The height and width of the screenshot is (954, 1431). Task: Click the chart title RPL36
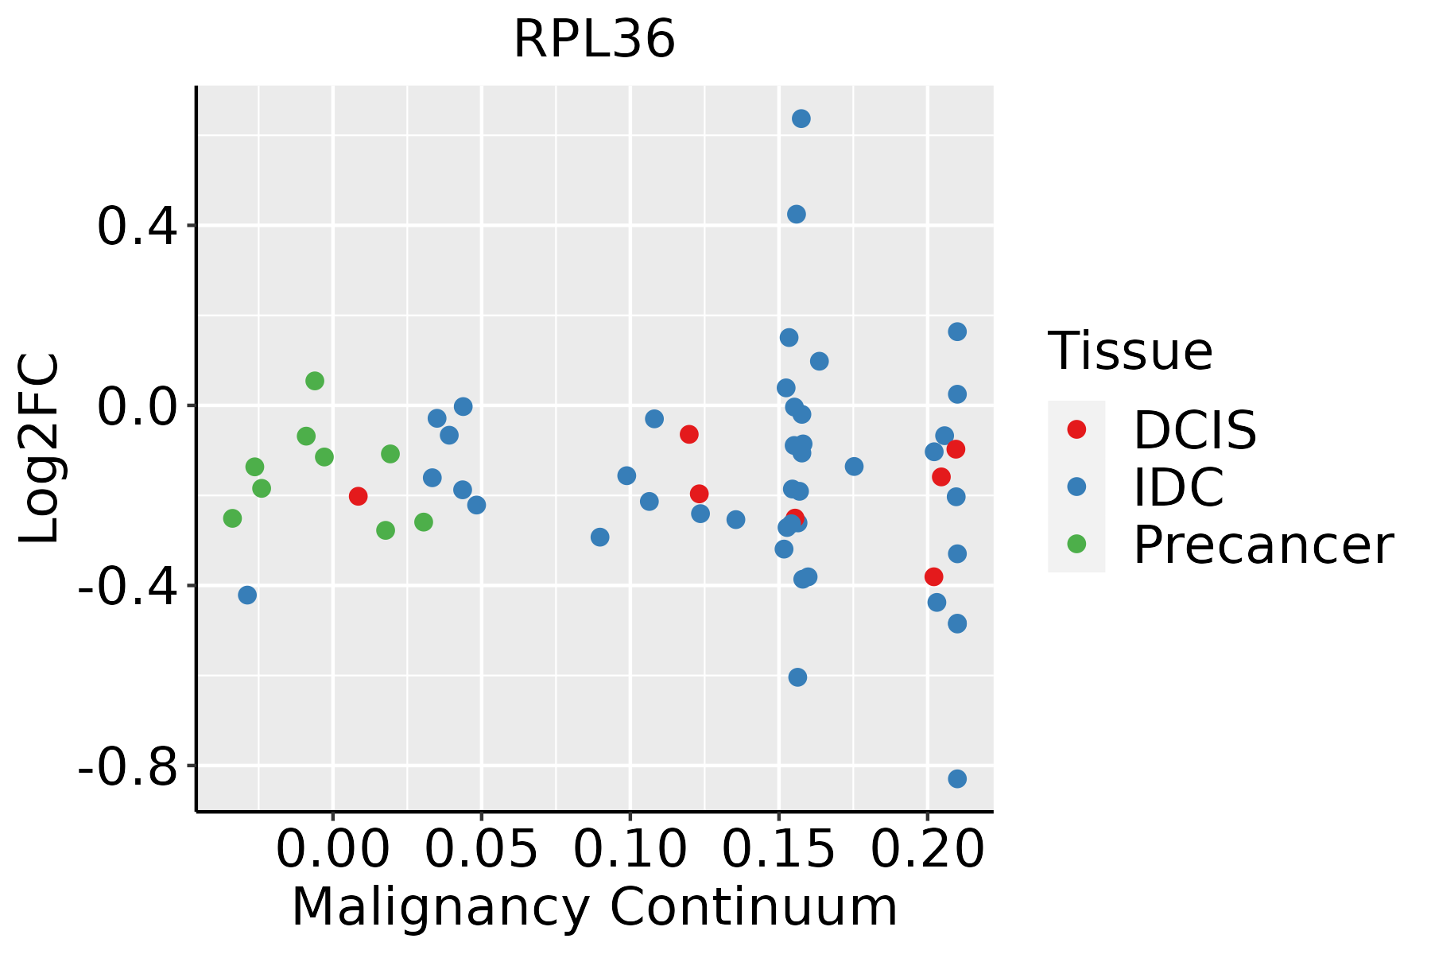594,39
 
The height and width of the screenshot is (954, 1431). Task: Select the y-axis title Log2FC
40,448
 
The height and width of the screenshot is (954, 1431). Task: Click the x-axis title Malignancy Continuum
594,907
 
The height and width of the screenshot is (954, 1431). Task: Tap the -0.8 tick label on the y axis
127,766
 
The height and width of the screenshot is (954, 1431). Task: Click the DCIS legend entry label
1194,430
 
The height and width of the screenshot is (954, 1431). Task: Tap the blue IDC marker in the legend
1076,487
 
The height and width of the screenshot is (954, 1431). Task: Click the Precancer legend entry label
1262,545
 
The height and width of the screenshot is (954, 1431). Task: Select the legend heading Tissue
1130,351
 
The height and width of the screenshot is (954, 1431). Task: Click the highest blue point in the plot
801,118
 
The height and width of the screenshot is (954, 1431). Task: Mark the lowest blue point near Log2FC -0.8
957,778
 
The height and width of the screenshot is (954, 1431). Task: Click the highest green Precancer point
315,381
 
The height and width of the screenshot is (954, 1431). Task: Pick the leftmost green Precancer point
232,518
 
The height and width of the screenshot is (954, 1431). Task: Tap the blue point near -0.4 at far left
247,595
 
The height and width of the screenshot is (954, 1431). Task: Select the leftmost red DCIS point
358,496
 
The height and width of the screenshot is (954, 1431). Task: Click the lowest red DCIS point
934,576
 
